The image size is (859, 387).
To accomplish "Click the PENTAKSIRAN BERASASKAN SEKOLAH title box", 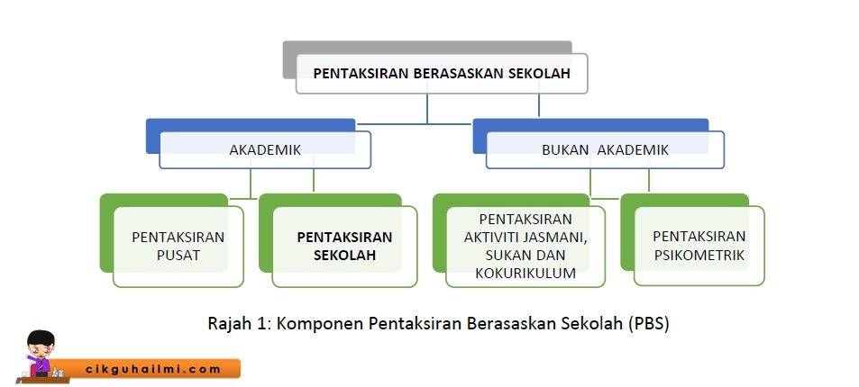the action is click(442, 75).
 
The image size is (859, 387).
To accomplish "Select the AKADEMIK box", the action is click(265, 150).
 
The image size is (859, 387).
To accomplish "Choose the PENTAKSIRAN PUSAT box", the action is click(178, 247).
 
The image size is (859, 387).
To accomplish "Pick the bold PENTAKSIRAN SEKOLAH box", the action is click(344, 247).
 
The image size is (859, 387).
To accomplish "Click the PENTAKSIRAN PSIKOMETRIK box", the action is click(699, 247).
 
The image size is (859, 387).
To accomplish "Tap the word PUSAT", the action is click(178, 256).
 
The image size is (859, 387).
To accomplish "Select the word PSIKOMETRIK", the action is click(699, 256).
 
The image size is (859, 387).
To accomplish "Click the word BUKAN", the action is click(565, 150).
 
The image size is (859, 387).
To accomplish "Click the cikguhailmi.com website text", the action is click(152, 368).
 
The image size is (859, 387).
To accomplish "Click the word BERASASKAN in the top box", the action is click(463, 75).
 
